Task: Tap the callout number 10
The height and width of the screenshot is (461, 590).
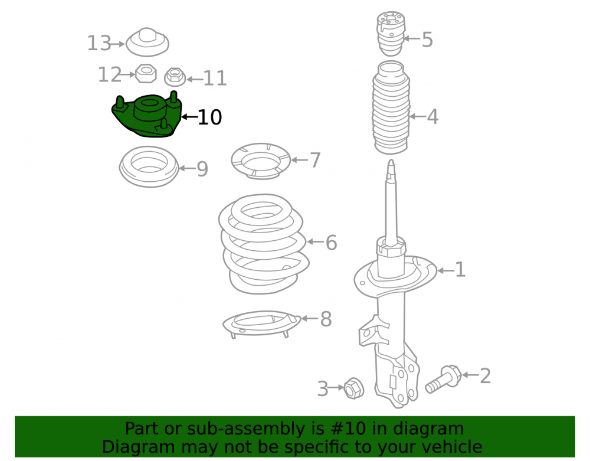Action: coord(209,117)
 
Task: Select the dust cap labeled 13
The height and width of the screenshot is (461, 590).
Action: coord(147,42)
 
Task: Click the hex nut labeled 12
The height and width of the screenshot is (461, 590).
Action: coord(146,73)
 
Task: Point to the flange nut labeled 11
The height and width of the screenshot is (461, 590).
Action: coord(175,77)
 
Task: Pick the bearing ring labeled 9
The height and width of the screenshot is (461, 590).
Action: coord(149,166)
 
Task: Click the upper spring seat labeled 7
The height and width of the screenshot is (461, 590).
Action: coord(261,161)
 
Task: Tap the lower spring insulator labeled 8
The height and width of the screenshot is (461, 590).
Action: coord(261,323)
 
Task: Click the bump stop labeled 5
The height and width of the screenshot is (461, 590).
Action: coord(391,34)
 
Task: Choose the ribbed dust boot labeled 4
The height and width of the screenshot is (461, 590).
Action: coord(391,107)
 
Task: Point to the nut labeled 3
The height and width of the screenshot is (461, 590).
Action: coord(353,388)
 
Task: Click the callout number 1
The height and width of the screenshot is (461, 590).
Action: coord(460,270)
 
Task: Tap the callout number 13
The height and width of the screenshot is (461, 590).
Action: coord(99,43)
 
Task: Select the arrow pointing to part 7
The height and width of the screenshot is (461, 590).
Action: coord(300,160)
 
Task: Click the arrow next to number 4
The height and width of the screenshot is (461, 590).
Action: coord(417,116)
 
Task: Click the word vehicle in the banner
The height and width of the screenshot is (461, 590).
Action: coord(453,447)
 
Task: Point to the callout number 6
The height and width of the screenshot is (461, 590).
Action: coord(331,243)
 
